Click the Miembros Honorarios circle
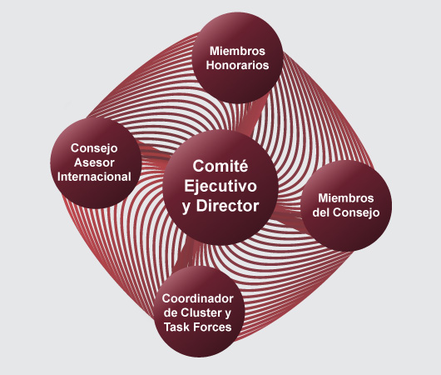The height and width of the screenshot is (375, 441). (x=237, y=57)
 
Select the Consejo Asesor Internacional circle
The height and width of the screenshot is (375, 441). (x=96, y=162)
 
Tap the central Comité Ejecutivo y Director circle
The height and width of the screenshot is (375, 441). (x=220, y=187)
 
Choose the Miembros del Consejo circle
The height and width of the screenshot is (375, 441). (x=346, y=206)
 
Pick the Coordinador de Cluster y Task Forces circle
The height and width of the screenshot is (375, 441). (x=199, y=312)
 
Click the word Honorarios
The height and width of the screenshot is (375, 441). (x=237, y=65)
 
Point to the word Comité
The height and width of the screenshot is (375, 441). (x=220, y=166)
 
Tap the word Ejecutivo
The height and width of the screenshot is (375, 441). (x=220, y=186)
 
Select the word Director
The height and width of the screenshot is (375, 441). (x=227, y=206)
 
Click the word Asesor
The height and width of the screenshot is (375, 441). (x=94, y=162)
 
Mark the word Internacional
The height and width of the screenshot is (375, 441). (x=94, y=177)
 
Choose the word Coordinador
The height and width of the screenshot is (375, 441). (x=198, y=298)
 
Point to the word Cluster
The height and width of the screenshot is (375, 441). (x=201, y=312)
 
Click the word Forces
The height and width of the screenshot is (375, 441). (x=215, y=327)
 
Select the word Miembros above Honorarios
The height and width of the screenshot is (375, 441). (x=237, y=51)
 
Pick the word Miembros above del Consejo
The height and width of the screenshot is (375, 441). (x=346, y=198)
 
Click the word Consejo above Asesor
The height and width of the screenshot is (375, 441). (x=94, y=148)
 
